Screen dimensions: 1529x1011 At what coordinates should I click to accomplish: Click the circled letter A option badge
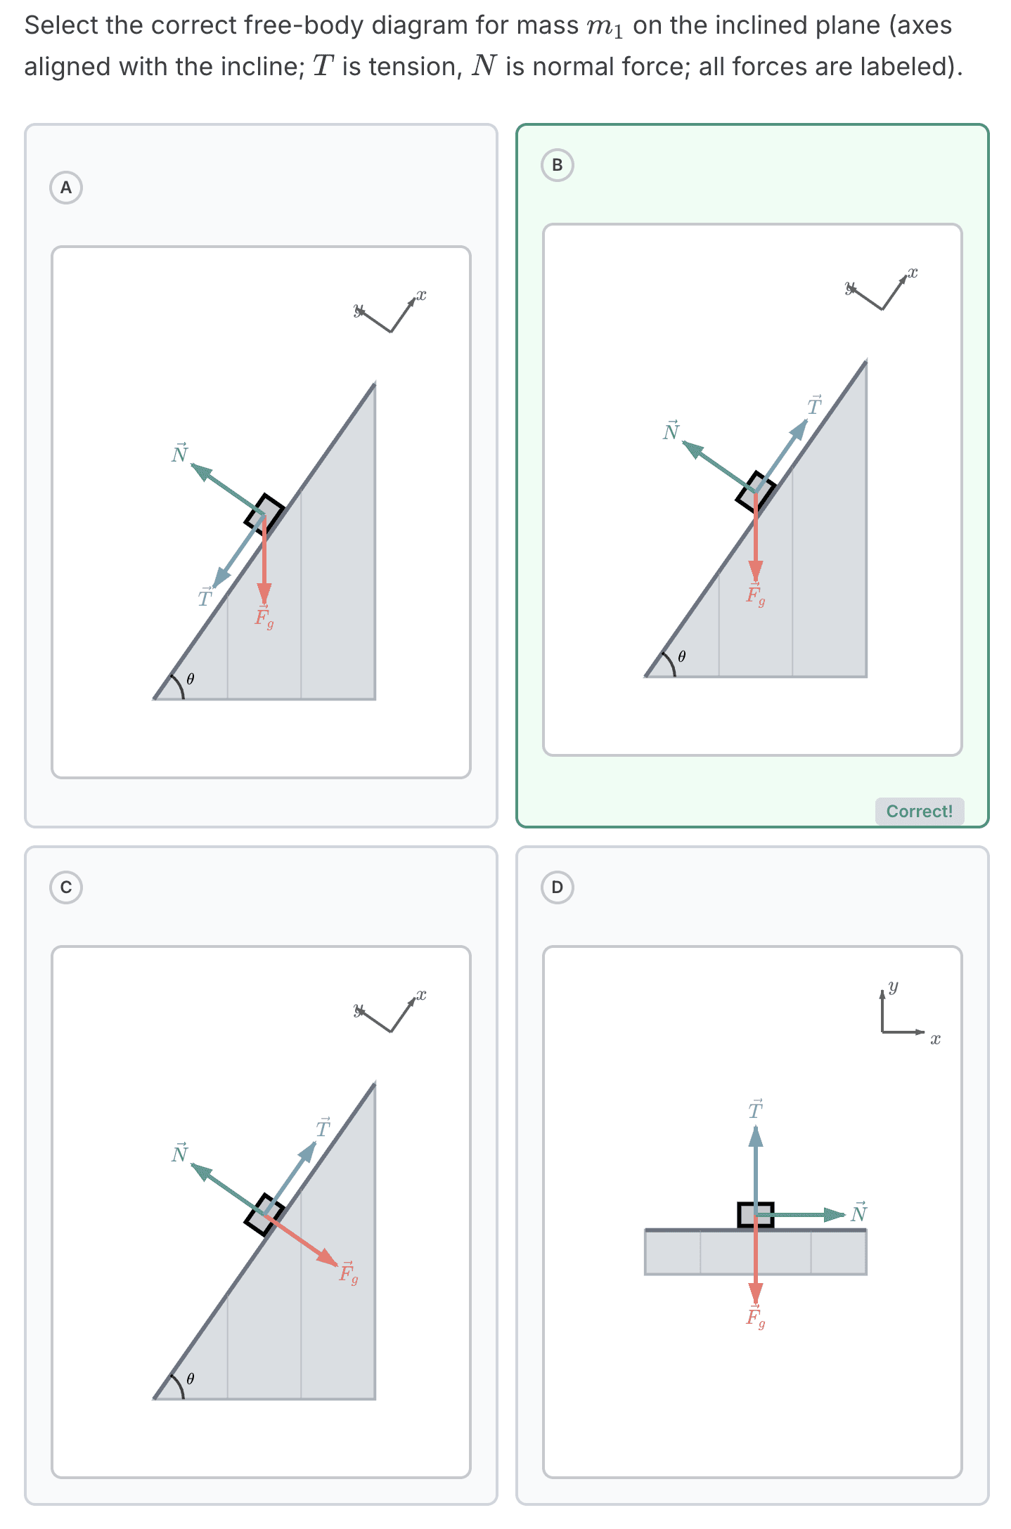click(x=66, y=188)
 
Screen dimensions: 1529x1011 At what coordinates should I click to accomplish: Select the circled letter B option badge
click(x=557, y=165)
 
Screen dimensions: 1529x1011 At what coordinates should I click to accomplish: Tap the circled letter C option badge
click(x=66, y=887)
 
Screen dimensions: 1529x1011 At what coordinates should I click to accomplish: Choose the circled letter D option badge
click(x=557, y=887)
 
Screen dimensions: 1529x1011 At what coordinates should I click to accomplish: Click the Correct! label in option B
click(x=919, y=811)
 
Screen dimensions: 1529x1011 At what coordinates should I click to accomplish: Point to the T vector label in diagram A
click(x=205, y=597)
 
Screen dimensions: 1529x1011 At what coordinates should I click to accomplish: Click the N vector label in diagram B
click(x=671, y=430)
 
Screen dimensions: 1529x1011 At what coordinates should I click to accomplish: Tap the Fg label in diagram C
click(x=348, y=1272)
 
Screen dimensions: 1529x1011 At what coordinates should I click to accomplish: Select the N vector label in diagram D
click(x=859, y=1212)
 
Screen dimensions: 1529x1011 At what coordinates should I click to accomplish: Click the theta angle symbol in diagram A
click(x=191, y=679)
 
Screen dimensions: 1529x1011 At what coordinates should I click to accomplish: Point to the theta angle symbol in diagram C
click(x=191, y=1379)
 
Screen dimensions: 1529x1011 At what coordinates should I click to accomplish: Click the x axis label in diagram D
click(x=935, y=1039)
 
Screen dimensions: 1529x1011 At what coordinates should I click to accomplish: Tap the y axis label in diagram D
click(x=893, y=987)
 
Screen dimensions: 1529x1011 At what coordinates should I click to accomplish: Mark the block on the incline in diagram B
click(x=755, y=491)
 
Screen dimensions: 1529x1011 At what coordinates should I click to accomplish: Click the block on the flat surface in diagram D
click(x=755, y=1215)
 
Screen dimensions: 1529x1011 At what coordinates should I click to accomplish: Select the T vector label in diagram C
click(x=323, y=1128)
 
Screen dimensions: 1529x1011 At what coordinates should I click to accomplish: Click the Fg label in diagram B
click(x=755, y=594)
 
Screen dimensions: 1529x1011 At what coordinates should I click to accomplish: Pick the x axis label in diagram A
click(x=421, y=295)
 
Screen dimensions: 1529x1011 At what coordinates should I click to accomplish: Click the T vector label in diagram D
click(x=755, y=1110)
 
